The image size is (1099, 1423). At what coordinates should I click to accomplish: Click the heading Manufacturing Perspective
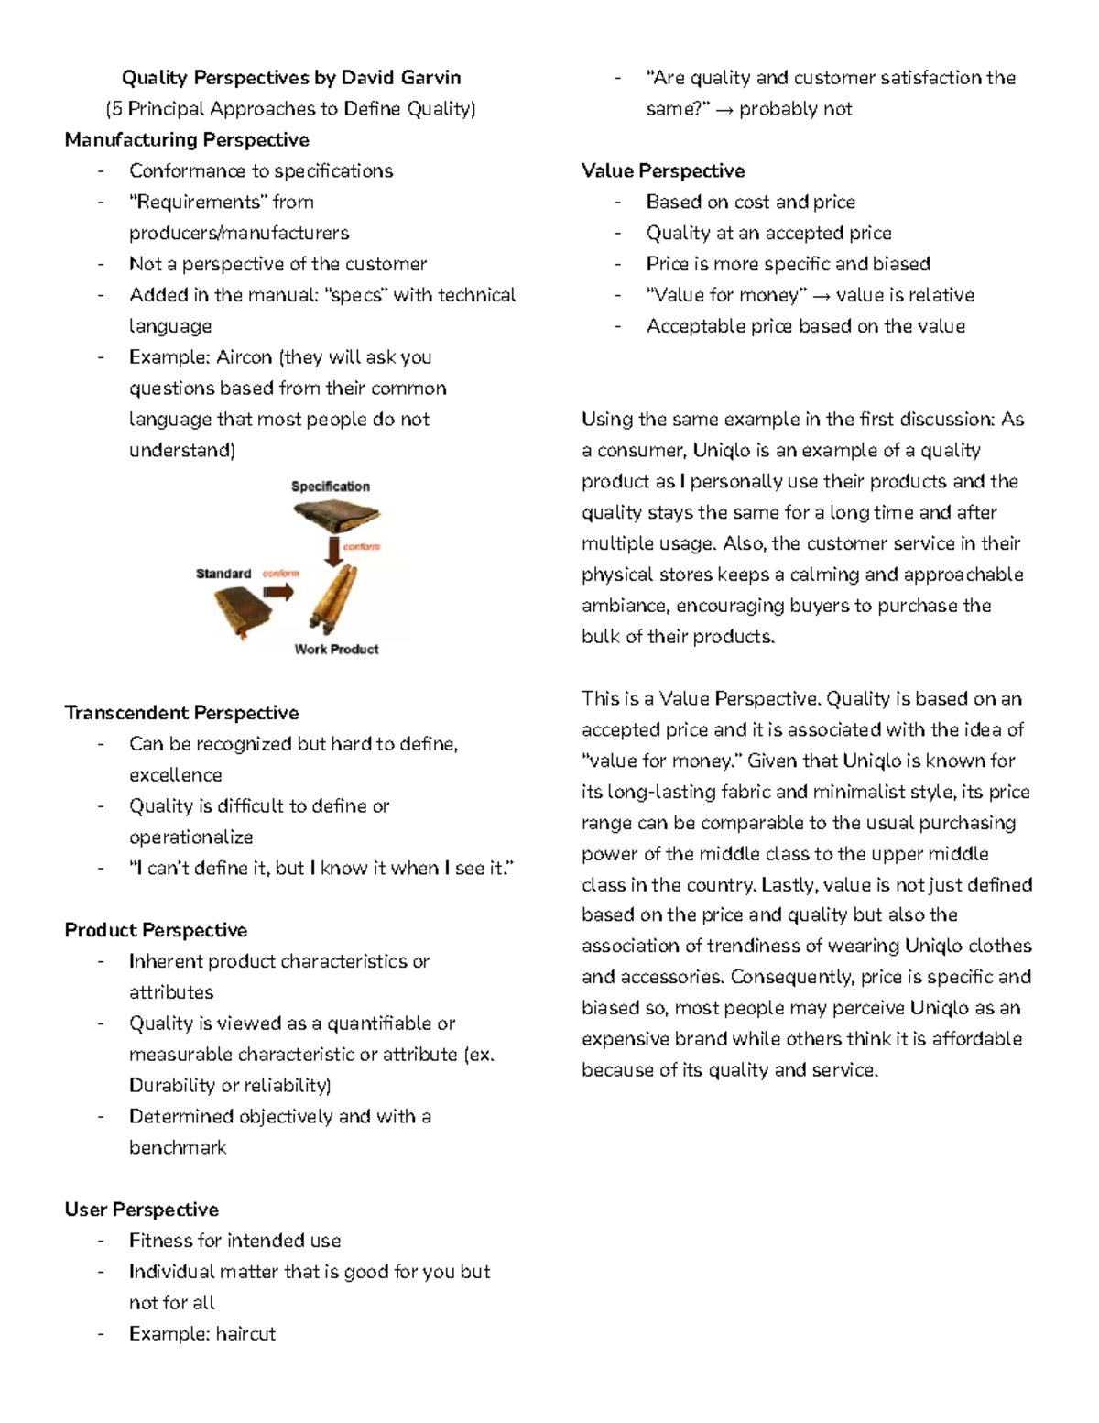[x=187, y=139]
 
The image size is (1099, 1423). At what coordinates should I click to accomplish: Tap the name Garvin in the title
[x=430, y=77]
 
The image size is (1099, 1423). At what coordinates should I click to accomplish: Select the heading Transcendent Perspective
[x=181, y=712]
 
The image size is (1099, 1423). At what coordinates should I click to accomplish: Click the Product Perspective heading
[x=156, y=929]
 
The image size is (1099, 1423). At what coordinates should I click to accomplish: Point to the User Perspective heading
[x=141, y=1209]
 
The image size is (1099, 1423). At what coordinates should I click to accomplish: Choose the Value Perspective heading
[x=663, y=170]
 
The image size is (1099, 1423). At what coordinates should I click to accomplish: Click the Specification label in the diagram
[x=331, y=486]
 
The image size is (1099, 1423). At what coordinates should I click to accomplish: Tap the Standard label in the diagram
[x=223, y=573]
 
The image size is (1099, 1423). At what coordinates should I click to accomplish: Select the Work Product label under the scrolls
[x=336, y=649]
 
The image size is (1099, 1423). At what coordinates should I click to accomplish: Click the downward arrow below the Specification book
[x=332, y=551]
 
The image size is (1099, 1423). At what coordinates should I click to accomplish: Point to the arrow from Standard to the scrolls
[x=278, y=592]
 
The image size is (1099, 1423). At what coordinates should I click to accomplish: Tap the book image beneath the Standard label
[x=241, y=611]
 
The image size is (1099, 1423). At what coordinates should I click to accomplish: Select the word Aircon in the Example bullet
[x=244, y=356]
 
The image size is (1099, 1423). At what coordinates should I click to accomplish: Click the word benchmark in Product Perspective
[x=178, y=1147]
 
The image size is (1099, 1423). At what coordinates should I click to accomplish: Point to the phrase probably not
[x=795, y=108]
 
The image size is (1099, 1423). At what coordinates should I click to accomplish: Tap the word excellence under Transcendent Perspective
[x=175, y=774]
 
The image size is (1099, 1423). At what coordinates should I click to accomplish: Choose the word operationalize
[x=190, y=837]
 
